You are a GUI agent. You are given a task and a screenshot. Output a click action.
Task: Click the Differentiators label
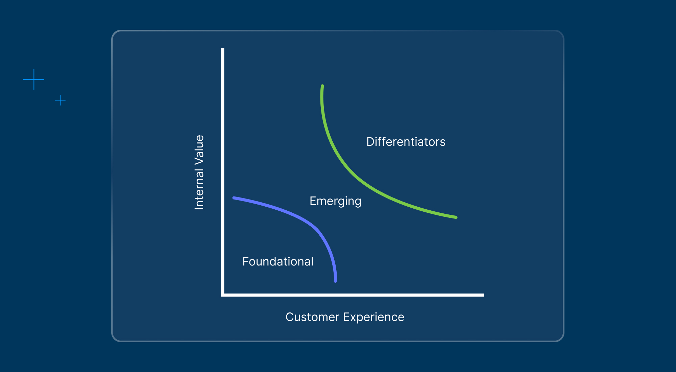point(406,142)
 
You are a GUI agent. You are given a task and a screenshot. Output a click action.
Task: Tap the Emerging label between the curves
point(336,201)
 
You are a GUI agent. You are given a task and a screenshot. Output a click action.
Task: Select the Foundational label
point(278,261)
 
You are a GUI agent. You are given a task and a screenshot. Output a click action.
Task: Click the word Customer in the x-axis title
point(312,317)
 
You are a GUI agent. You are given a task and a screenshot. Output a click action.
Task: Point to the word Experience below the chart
point(373,318)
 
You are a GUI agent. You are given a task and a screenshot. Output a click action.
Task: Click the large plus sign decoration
point(34,79)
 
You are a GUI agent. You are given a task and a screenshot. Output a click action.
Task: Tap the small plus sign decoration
point(60,100)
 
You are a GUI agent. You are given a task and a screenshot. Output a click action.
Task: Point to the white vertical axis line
point(223,172)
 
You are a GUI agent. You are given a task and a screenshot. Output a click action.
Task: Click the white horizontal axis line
point(353,295)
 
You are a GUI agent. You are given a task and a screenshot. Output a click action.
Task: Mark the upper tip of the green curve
point(322,86)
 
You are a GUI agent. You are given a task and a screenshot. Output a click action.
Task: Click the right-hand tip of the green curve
point(456,217)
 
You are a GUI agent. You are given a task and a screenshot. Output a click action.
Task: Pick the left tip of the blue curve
point(234,198)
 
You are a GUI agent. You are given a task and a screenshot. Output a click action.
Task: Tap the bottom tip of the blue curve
point(335,281)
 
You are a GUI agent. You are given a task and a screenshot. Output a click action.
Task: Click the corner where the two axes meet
point(223,295)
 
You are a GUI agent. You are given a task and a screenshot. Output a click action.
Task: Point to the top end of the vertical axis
point(223,49)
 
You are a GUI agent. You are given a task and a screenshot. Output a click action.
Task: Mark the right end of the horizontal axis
point(483,295)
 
